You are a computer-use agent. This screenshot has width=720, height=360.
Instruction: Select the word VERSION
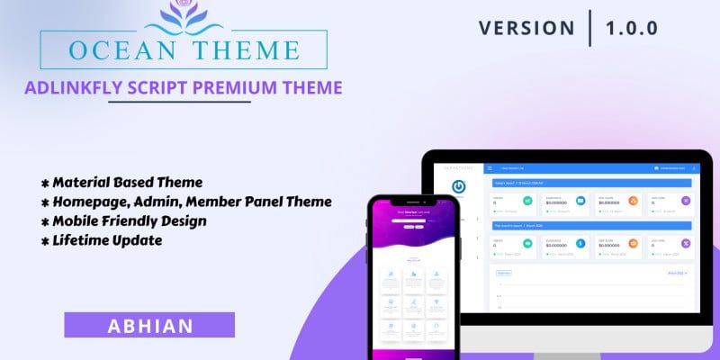526,27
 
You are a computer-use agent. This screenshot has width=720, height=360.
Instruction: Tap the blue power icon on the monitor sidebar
459,187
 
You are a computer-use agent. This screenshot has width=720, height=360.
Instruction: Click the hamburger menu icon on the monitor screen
490,167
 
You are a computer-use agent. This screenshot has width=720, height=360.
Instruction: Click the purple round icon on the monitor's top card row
684,201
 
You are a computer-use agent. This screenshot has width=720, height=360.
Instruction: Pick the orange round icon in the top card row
633,201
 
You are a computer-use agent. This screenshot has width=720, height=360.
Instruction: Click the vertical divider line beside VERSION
590,27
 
